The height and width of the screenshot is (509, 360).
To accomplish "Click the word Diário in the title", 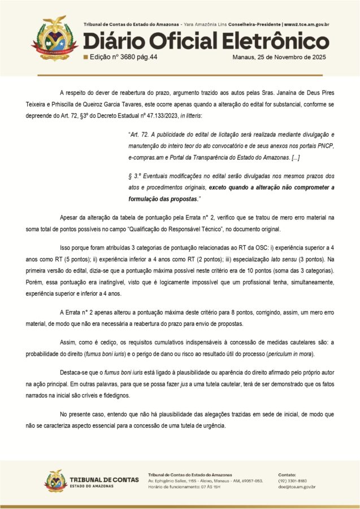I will coord(110,41).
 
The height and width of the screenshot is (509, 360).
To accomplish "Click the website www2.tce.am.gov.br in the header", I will coord(306,25).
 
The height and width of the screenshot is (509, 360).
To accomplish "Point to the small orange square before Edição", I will coord(85,57).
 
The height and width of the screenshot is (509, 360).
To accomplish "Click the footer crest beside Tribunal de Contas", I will coord(55,481).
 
